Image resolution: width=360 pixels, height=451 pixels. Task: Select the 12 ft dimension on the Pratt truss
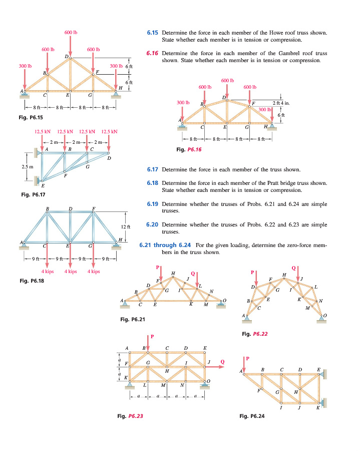click(125, 227)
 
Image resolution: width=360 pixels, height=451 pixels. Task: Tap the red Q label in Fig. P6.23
click(222, 360)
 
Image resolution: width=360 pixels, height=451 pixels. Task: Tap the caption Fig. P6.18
click(31, 281)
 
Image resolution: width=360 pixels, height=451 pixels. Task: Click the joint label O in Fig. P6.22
click(325, 315)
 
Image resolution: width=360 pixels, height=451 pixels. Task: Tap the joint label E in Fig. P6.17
click(43, 185)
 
